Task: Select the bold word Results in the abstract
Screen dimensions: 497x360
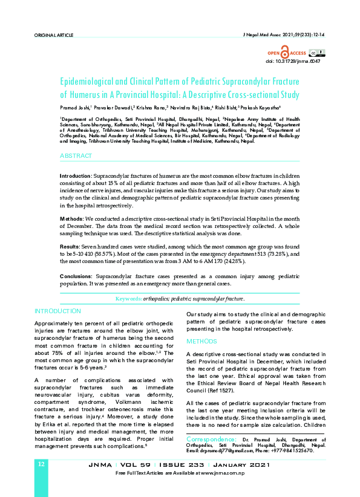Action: tap(70, 247)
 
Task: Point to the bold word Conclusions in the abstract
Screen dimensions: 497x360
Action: tap(76, 276)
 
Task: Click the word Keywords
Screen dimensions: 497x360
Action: tap(128, 299)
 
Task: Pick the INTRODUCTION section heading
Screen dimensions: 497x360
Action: tap(57, 311)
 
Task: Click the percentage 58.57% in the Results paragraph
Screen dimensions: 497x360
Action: tap(103, 255)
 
